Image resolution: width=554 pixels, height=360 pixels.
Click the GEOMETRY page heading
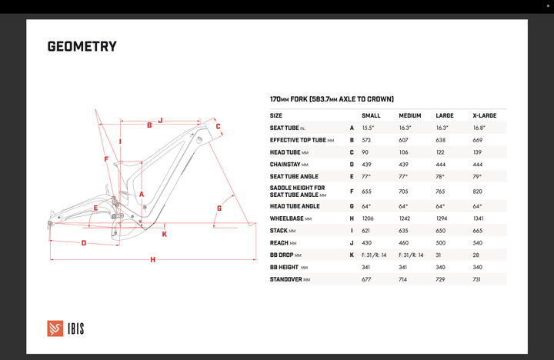tap(82, 47)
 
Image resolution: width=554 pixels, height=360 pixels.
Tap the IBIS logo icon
tap(55, 328)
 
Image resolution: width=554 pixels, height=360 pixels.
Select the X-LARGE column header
tap(484, 115)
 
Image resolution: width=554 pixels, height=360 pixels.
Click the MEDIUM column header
tap(409, 115)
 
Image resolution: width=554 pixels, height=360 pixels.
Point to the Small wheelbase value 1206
tap(368, 218)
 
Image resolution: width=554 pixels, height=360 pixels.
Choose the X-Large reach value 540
tap(478, 242)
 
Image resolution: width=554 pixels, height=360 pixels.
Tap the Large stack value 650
tap(441, 230)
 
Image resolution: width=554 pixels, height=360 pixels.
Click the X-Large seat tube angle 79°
tap(477, 176)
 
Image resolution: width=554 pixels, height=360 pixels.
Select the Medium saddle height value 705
tap(405, 191)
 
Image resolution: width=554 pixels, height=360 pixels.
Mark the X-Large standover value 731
tap(478, 279)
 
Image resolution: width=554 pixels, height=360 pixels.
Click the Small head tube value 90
tap(365, 152)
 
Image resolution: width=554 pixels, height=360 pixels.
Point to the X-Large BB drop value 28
tap(476, 255)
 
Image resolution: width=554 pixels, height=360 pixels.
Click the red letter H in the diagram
tap(152, 260)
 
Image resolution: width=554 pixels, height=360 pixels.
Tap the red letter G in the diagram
tap(219, 208)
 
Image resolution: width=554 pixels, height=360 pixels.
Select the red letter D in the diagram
tap(83, 243)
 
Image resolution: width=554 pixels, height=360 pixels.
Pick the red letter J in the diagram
tap(160, 120)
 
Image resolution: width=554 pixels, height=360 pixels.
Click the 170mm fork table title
tap(332, 99)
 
